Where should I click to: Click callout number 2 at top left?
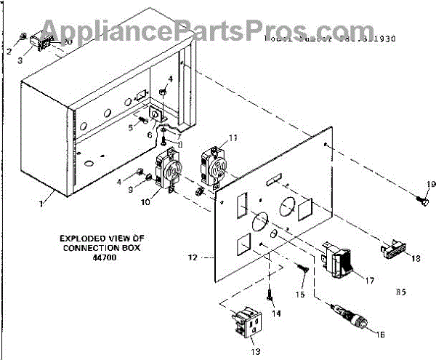click(x=10, y=51)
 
